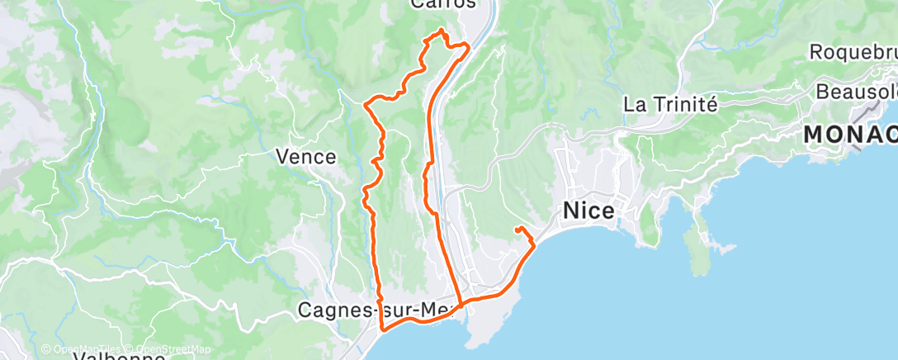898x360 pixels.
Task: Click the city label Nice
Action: click(x=588, y=211)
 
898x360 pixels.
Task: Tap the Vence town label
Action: click(x=305, y=157)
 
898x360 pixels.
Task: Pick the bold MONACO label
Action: click(x=850, y=133)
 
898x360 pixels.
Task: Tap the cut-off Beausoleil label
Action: click(x=856, y=90)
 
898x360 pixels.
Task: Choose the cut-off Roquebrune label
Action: click(x=853, y=52)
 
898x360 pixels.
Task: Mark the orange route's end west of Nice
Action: click(x=516, y=228)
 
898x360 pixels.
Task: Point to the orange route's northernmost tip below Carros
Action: click(x=442, y=31)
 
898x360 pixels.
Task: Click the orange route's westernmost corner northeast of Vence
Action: click(x=365, y=103)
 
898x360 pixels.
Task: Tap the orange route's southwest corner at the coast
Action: click(x=383, y=329)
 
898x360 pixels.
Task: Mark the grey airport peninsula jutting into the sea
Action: click(x=483, y=326)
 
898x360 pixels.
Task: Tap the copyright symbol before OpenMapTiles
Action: click(x=45, y=349)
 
